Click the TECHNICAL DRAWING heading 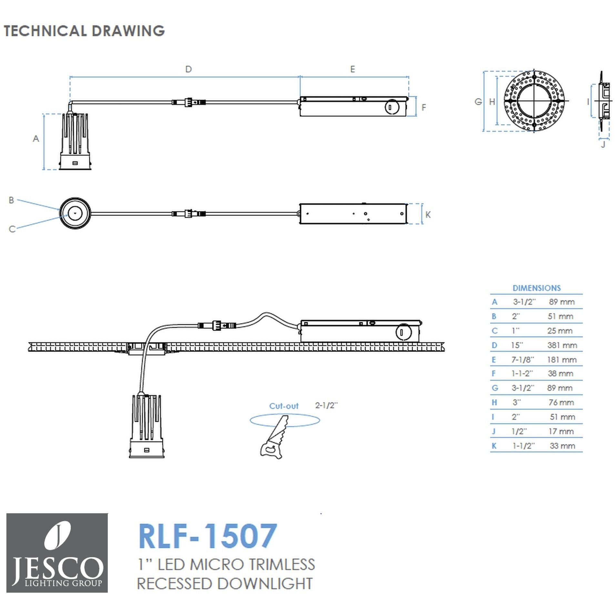click(x=84, y=31)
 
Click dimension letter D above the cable click(x=188, y=69)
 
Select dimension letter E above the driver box click(x=352, y=69)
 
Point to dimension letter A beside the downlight click(x=36, y=139)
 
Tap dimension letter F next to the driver click(x=424, y=107)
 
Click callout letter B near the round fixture click(x=11, y=200)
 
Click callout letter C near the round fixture click(x=12, y=229)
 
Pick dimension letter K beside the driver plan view click(x=428, y=215)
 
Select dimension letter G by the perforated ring click(x=478, y=102)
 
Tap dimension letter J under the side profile click(x=603, y=145)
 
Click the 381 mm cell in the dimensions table click(x=562, y=345)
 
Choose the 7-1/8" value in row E click(x=522, y=359)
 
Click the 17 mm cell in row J click(x=561, y=431)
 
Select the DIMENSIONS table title click(x=537, y=288)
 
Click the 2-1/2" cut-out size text click(x=326, y=406)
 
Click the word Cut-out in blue click(x=284, y=406)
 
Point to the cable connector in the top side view click(x=189, y=102)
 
